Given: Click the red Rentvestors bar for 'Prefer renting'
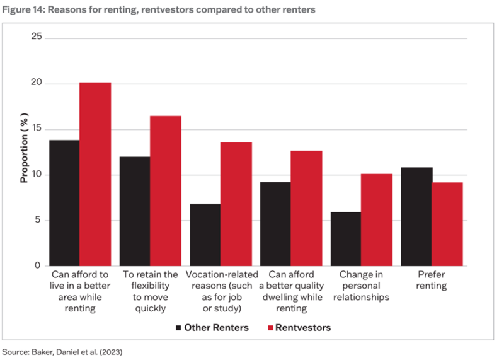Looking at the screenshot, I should tap(447, 224).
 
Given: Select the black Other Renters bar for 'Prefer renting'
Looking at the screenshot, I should tap(416, 216).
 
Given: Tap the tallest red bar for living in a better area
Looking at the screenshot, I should tap(95, 174).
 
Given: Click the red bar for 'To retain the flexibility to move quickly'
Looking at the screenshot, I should tap(166, 190).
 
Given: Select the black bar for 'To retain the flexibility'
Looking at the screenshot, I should tap(134, 211).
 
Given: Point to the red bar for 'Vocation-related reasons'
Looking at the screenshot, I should tap(236, 204).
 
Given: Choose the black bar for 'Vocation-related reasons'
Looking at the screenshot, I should tap(205, 235).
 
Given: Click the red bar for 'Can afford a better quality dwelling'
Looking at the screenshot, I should tap(307, 208).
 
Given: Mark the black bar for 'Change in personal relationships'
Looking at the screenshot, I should tap(345, 239).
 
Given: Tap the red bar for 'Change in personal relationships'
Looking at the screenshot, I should tap(377, 219).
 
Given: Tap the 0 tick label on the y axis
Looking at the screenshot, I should tap(38, 265).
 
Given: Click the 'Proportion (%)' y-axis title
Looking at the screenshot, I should tap(24, 151).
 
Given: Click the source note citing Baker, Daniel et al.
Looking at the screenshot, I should tap(62, 352).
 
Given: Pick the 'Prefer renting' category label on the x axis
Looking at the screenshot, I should tap(432, 280).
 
